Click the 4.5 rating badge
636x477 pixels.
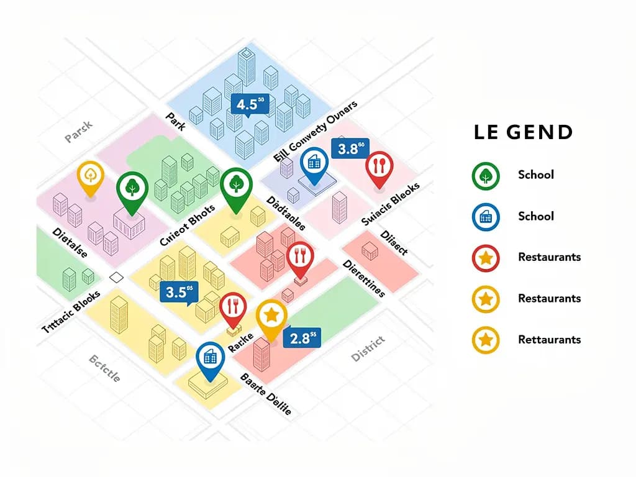[x=250, y=104]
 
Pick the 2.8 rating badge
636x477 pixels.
[x=302, y=338]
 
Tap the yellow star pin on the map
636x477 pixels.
[x=271, y=316]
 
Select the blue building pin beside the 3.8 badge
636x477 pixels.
[x=314, y=164]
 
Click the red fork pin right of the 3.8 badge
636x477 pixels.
[x=378, y=167]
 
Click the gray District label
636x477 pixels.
[x=368, y=348]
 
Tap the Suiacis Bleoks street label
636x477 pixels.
[x=391, y=204]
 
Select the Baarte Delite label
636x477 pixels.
[x=265, y=394]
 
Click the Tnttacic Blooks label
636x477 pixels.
[x=71, y=314]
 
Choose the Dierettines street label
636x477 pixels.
[x=364, y=278]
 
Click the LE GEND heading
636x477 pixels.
[x=523, y=132]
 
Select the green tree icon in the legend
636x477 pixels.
[x=486, y=175]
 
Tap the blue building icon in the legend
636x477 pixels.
[x=486, y=216]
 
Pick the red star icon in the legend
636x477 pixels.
[x=486, y=257]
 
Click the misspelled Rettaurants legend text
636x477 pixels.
[x=549, y=340]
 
